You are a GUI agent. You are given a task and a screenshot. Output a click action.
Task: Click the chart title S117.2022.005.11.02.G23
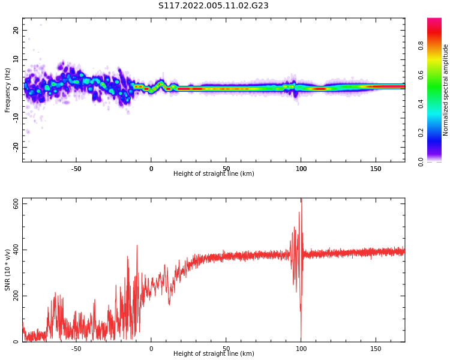click(x=214, y=6)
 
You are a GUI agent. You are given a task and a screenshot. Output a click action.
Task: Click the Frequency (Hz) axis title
click(x=8, y=90)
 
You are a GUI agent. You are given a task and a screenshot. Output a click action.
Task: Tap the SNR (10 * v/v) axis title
click(x=8, y=270)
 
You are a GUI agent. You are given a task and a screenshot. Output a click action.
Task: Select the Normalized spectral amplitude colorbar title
click(x=446, y=90)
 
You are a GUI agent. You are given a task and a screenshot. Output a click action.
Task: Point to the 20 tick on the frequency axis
click(x=16, y=30)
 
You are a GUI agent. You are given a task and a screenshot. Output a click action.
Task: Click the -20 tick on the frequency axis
click(x=16, y=146)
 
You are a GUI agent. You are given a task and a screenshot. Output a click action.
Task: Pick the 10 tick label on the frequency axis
click(x=16, y=59)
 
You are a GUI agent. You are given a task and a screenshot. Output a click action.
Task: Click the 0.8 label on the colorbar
click(x=421, y=46)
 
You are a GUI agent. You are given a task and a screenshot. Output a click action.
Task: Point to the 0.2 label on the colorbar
click(x=421, y=133)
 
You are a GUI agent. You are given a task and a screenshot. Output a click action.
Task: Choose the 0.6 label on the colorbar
click(x=421, y=75)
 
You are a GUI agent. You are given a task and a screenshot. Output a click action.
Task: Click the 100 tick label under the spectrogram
click(x=301, y=169)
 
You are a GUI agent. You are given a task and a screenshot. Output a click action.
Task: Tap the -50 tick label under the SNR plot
click(x=76, y=349)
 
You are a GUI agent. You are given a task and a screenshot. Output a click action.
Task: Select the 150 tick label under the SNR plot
click(x=376, y=349)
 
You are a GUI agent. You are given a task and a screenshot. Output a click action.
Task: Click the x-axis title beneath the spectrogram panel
click(x=214, y=174)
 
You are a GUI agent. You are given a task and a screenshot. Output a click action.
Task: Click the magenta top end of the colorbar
click(x=434, y=21)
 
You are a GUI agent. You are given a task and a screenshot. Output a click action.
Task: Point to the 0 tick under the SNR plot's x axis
click(x=151, y=349)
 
